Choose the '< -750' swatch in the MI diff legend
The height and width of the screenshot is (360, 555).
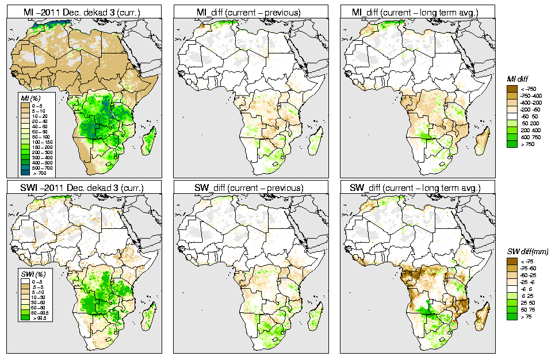(x=511, y=89)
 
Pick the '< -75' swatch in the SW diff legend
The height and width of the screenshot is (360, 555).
(x=511, y=261)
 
